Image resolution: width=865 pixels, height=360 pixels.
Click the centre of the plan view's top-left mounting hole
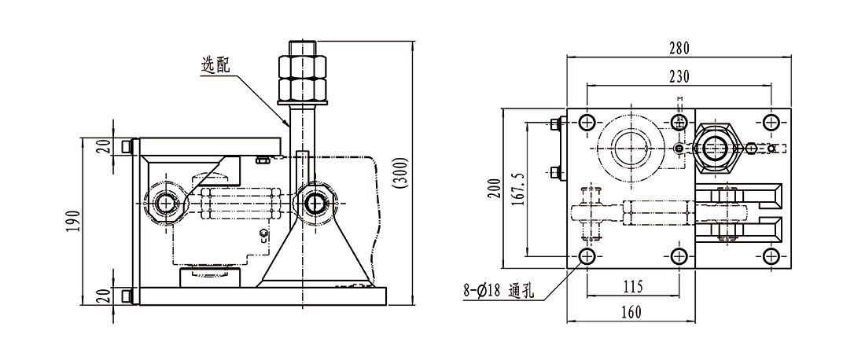click(587, 123)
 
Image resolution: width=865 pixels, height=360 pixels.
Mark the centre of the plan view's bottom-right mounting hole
click(771, 255)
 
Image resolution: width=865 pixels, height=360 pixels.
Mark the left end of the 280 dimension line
click(568, 57)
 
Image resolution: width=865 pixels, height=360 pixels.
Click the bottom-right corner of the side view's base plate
click(386, 304)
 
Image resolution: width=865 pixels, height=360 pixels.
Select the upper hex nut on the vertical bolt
click(303, 66)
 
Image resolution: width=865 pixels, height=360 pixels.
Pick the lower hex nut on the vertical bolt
click(303, 90)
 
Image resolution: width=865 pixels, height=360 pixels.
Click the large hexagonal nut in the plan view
click(714, 147)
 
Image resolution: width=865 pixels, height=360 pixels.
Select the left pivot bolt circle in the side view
click(164, 204)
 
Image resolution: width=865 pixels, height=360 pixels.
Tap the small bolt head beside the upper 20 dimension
click(127, 147)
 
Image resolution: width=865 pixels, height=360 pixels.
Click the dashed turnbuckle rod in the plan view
click(657, 211)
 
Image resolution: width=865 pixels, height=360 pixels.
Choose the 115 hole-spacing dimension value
click(633, 287)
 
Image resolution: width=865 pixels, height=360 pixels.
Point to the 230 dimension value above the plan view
click(679, 76)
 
